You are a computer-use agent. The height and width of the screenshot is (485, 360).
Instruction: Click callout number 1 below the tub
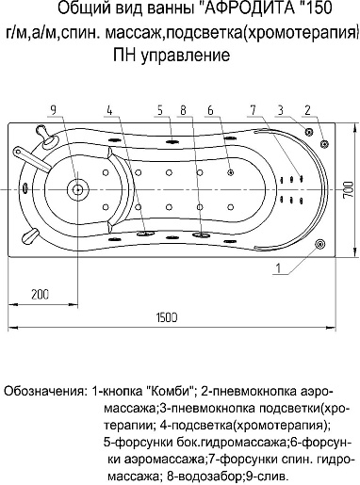280,267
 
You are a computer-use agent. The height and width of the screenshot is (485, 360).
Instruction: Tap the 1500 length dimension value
166,316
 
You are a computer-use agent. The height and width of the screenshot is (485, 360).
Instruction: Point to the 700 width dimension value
349,187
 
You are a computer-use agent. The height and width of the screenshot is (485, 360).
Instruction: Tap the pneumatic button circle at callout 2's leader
325,143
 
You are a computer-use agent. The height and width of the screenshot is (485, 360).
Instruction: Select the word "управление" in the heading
194,57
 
